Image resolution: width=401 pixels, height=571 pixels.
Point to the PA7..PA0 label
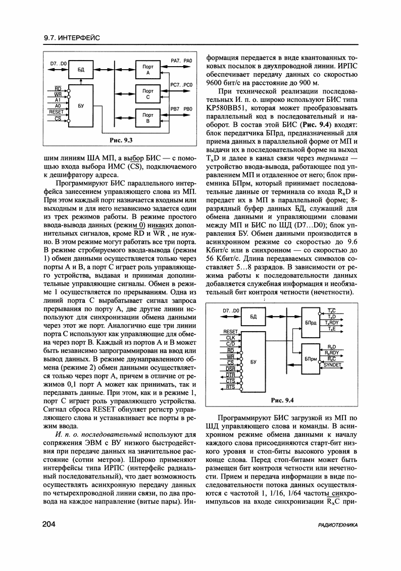pos(182,61)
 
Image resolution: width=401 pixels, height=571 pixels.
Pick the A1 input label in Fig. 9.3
pos(58,100)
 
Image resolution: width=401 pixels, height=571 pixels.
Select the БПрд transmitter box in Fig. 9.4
pos(311,322)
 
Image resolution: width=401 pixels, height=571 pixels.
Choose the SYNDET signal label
pos(332,365)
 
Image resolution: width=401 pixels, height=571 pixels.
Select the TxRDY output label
pos(332,323)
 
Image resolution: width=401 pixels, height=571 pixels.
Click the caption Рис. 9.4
pos(282,400)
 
